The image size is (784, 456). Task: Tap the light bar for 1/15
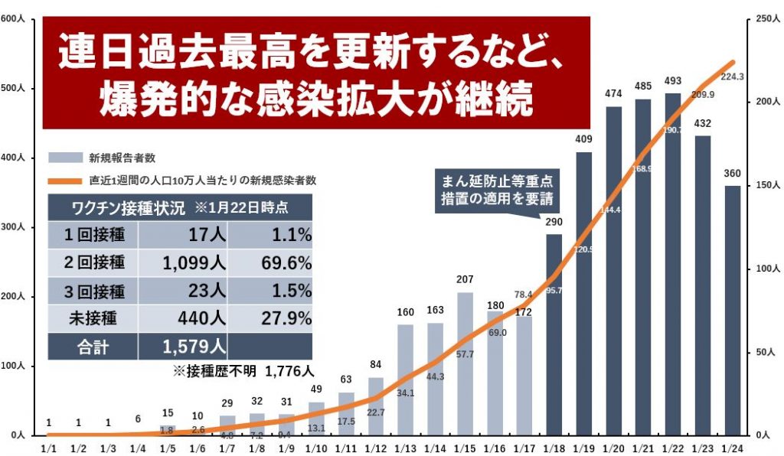pos(464,363)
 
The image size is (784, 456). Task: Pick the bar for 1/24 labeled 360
pos(732,310)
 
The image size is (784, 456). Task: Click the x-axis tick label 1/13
pos(405,446)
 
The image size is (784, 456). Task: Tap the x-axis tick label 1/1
pos(48,446)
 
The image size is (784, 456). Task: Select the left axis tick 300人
pos(16,227)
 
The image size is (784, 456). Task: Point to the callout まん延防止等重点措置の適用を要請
pos(497,191)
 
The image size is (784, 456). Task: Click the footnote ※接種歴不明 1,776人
pos(243,372)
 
